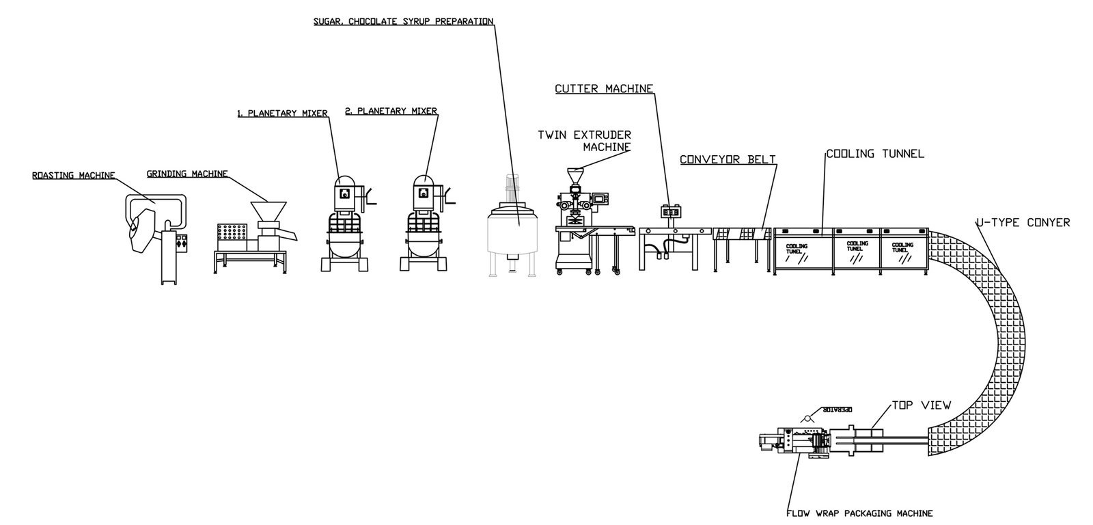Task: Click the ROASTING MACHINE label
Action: click(74, 176)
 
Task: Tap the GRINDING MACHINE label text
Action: click(186, 174)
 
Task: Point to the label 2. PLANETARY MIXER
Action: click(391, 111)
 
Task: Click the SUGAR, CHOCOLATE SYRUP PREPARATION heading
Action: click(403, 21)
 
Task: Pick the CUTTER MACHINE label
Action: click(604, 88)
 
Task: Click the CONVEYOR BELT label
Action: click(728, 160)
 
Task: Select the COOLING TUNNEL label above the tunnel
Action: click(874, 154)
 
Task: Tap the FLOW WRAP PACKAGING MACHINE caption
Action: click(859, 513)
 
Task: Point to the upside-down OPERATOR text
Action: click(839, 410)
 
